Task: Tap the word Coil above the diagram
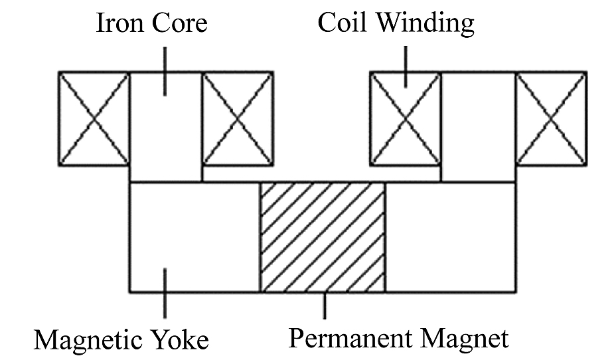click(x=343, y=23)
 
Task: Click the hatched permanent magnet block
click(x=322, y=237)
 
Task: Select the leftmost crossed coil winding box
click(x=94, y=118)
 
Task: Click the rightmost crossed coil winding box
click(x=551, y=118)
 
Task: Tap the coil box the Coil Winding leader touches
click(x=406, y=118)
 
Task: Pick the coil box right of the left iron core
click(x=238, y=118)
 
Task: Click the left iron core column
click(x=165, y=133)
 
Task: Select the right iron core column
click(x=478, y=126)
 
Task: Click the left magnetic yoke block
click(x=194, y=237)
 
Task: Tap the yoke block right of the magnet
click(x=451, y=237)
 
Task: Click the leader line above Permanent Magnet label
click(x=324, y=305)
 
